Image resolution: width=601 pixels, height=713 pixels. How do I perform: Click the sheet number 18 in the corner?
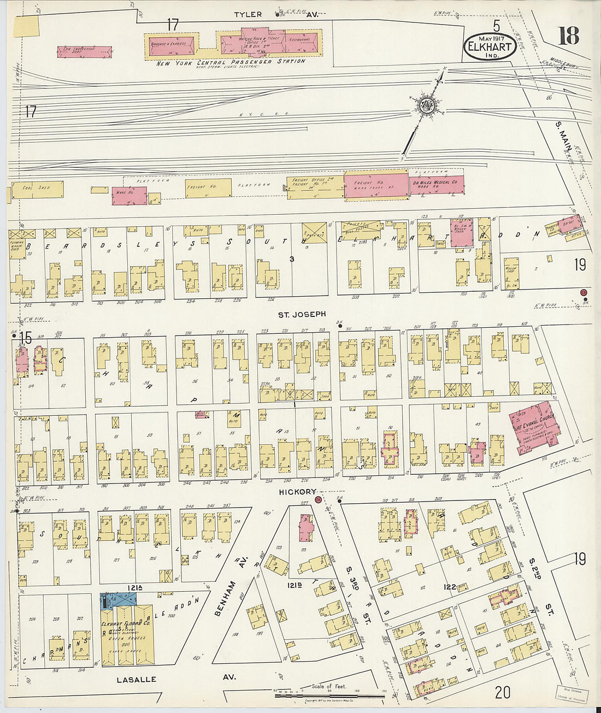point(568,36)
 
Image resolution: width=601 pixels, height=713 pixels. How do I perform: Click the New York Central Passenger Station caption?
point(231,62)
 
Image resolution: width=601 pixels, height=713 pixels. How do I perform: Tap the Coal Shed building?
point(36,189)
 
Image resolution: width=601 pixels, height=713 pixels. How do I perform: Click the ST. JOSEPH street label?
point(302,314)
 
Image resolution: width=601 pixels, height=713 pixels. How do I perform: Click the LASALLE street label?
point(136,679)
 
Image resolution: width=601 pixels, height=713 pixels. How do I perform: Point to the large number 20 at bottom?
point(502,692)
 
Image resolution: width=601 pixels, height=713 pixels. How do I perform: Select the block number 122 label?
point(449,587)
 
